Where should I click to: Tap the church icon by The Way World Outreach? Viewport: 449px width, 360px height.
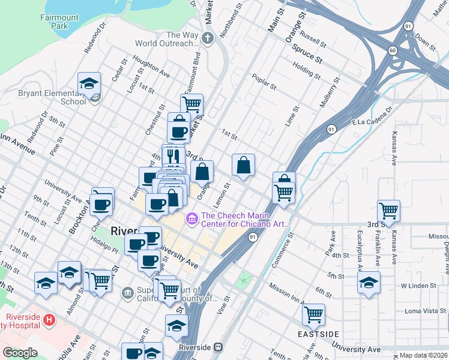208,39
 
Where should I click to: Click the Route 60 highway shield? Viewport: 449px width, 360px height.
392,50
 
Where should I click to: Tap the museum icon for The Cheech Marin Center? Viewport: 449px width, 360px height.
192,217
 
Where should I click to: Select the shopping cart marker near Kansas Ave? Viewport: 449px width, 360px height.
389,211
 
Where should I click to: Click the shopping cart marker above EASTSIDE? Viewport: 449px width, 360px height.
313,313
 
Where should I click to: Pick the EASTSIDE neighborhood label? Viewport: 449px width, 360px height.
319,334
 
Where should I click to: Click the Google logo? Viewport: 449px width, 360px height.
20,353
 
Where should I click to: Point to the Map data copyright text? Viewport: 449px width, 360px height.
423,355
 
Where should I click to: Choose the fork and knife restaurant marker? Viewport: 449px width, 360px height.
173,156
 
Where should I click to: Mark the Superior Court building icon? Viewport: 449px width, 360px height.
127,293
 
